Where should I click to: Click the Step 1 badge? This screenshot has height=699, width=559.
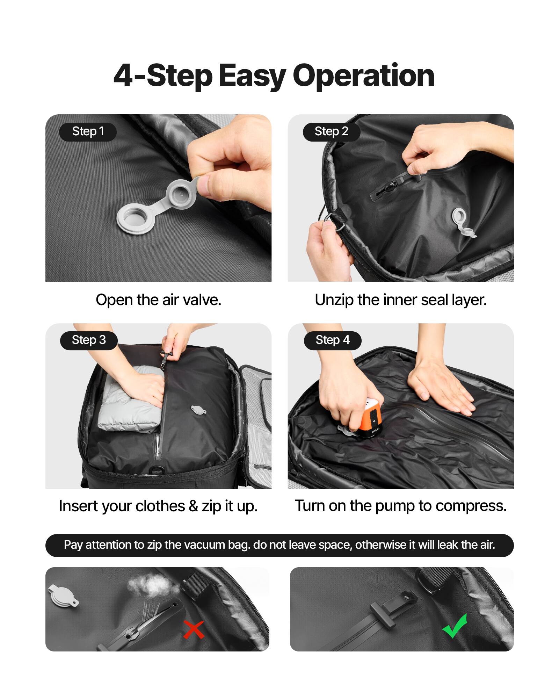88,132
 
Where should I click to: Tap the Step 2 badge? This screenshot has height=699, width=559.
331,132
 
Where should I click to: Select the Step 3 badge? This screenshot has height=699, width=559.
88,340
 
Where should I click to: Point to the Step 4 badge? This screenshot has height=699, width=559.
332,340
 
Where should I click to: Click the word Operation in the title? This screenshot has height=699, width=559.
363,76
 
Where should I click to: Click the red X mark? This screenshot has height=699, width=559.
194,629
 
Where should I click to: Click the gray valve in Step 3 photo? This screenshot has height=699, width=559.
198,409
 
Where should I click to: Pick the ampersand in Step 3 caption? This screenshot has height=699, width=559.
193,506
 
